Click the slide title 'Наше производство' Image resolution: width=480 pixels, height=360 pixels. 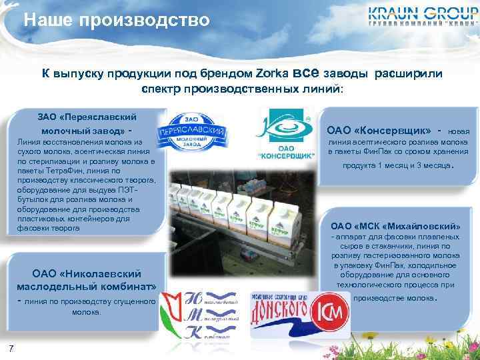click(x=117, y=20)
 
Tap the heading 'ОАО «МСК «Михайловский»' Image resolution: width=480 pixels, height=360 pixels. click(x=395, y=225)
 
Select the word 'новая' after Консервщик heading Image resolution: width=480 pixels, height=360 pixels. click(x=461, y=131)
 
